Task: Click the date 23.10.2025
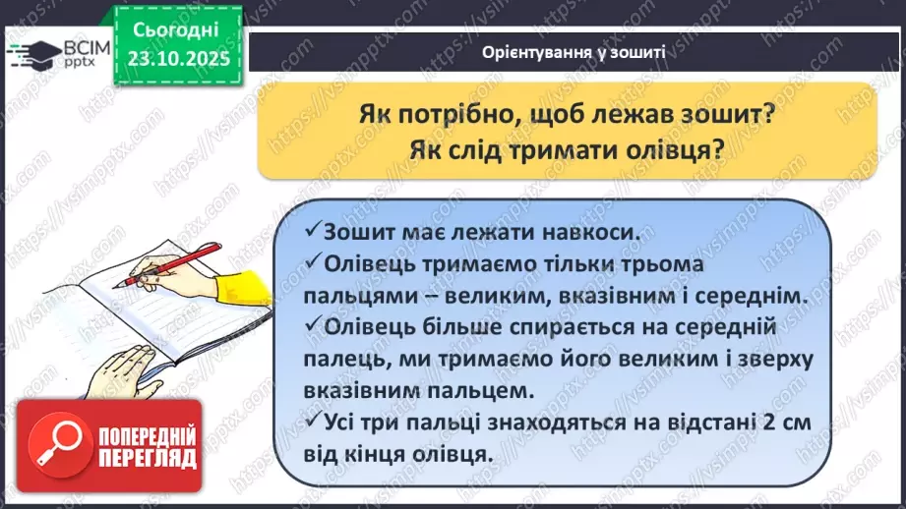pyautogui.click(x=178, y=59)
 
